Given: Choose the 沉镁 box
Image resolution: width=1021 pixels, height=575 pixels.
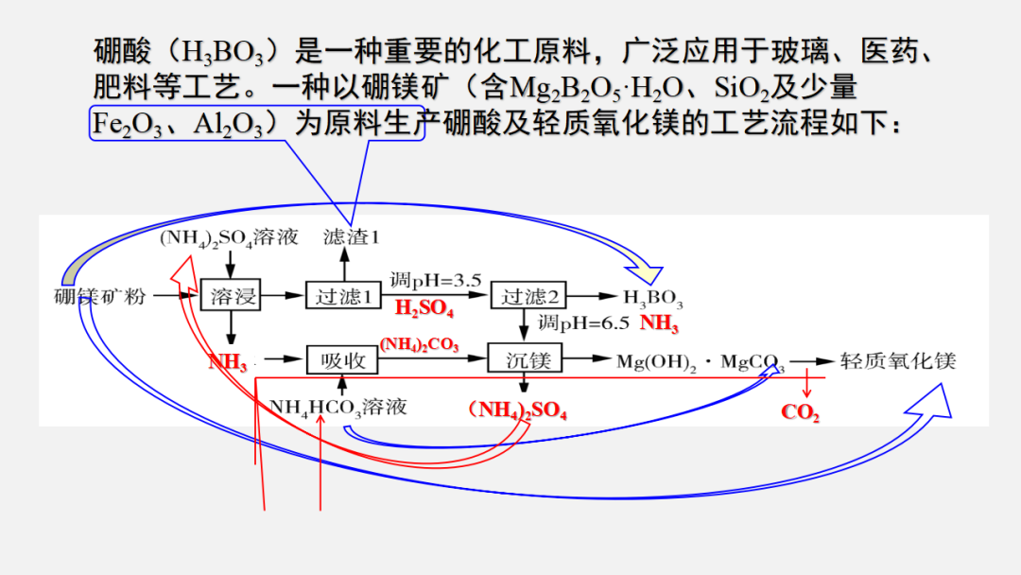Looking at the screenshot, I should pos(526,359).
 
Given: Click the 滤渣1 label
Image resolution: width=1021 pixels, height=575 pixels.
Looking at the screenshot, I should pos(351,236).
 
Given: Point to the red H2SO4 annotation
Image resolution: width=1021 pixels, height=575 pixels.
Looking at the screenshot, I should pos(424,309).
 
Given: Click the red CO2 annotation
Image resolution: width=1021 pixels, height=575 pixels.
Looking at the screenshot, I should pos(800,412).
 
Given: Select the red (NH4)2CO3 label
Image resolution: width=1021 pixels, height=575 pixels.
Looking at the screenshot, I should pos(419,345).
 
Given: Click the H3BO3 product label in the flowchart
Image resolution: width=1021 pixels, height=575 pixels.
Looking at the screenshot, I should pos(652,299).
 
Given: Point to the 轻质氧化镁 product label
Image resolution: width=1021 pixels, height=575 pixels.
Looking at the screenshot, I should pos(898,360).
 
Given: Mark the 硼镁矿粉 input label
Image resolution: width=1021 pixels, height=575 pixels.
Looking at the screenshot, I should pos(99,296).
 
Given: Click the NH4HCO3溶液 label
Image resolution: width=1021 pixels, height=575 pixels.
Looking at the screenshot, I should pos(338,407).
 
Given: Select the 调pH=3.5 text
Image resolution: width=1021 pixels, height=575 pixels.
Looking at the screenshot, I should pos(436,280).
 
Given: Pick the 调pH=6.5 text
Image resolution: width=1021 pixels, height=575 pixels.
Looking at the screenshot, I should pos(583,323).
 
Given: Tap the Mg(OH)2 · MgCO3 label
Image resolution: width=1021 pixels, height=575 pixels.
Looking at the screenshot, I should pos(701,361).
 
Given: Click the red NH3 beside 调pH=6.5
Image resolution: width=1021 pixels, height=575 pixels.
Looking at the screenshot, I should pos(660,323).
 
